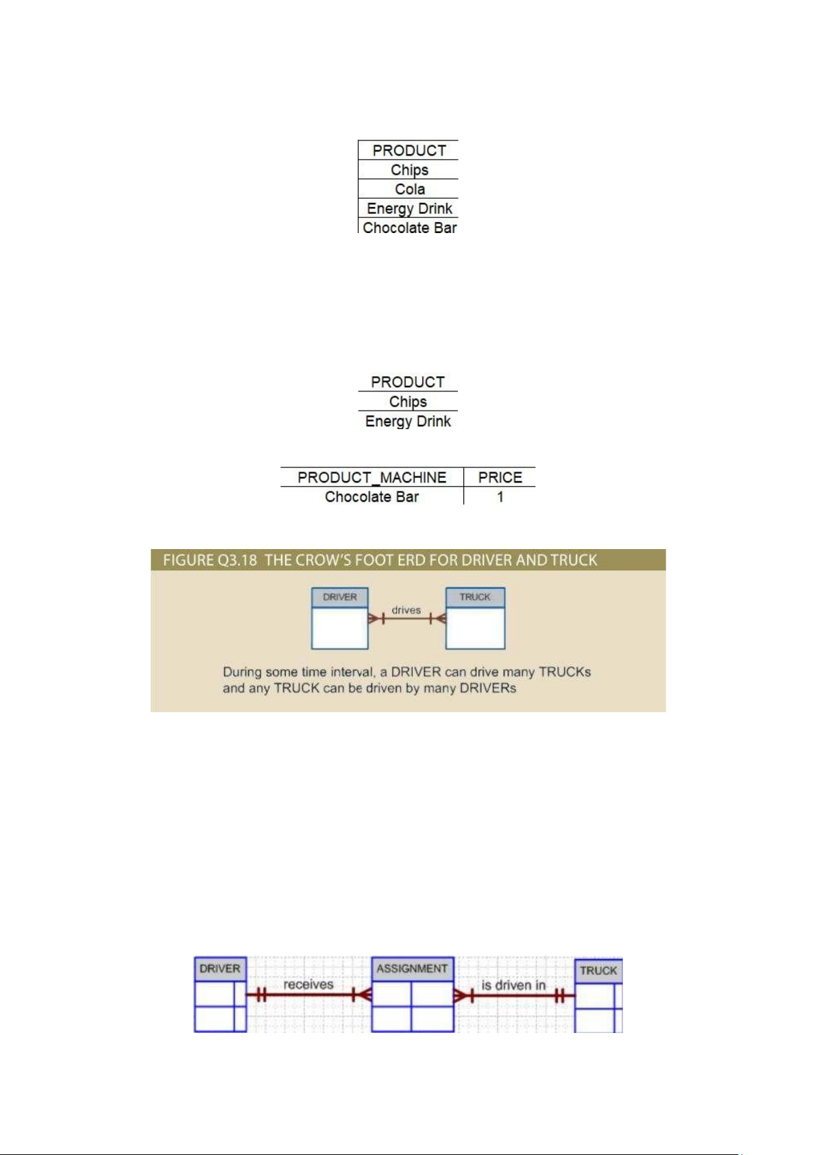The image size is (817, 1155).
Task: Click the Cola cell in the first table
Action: [410, 189]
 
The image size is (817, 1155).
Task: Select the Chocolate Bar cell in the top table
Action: [409, 228]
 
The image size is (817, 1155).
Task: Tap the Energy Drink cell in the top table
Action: [409, 208]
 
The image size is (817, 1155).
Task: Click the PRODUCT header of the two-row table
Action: [408, 382]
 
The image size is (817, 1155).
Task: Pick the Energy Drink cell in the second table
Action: [408, 422]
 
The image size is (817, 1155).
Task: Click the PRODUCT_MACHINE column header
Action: [371, 478]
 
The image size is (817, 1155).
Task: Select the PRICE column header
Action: [500, 478]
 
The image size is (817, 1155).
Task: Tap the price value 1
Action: [500, 497]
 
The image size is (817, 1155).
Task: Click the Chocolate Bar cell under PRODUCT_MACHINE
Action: [371, 497]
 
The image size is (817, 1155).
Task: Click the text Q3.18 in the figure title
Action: [237, 560]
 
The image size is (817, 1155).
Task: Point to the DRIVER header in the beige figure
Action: [340, 597]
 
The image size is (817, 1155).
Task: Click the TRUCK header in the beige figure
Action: [475, 597]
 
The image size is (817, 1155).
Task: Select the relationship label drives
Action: [406, 610]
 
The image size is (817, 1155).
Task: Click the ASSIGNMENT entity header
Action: [412, 969]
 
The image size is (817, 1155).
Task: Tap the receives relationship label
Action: [308, 985]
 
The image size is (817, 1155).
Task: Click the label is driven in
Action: [513, 986]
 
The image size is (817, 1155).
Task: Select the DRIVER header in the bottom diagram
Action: [220, 969]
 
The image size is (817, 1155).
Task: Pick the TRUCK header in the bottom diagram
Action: [598, 971]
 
